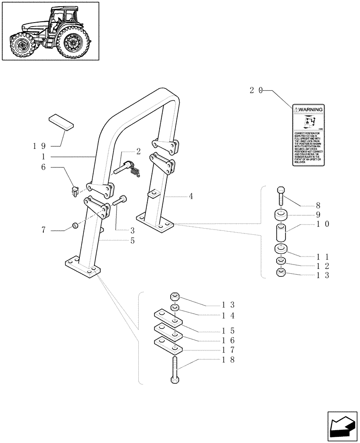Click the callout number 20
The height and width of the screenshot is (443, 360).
[256, 90]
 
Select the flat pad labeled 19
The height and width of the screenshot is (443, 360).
[60, 121]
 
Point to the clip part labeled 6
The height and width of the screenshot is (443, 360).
[74, 191]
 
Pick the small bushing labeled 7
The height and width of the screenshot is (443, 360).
[75, 227]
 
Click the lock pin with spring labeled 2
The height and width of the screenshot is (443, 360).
[128, 169]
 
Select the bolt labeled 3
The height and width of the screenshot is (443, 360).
[120, 201]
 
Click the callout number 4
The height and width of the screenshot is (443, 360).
[191, 196]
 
